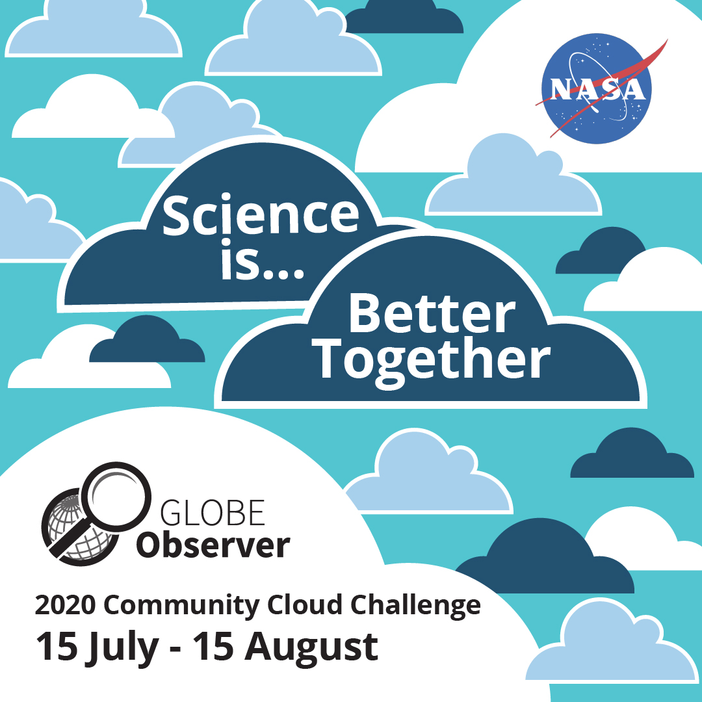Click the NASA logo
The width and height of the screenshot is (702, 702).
(x=597, y=88)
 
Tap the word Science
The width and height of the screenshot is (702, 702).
(x=261, y=215)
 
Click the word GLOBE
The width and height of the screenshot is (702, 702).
(x=213, y=513)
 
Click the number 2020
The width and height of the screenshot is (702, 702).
(x=66, y=605)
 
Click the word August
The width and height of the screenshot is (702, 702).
(x=311, y=648)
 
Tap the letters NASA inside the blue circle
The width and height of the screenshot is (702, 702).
(x=597, y=89)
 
